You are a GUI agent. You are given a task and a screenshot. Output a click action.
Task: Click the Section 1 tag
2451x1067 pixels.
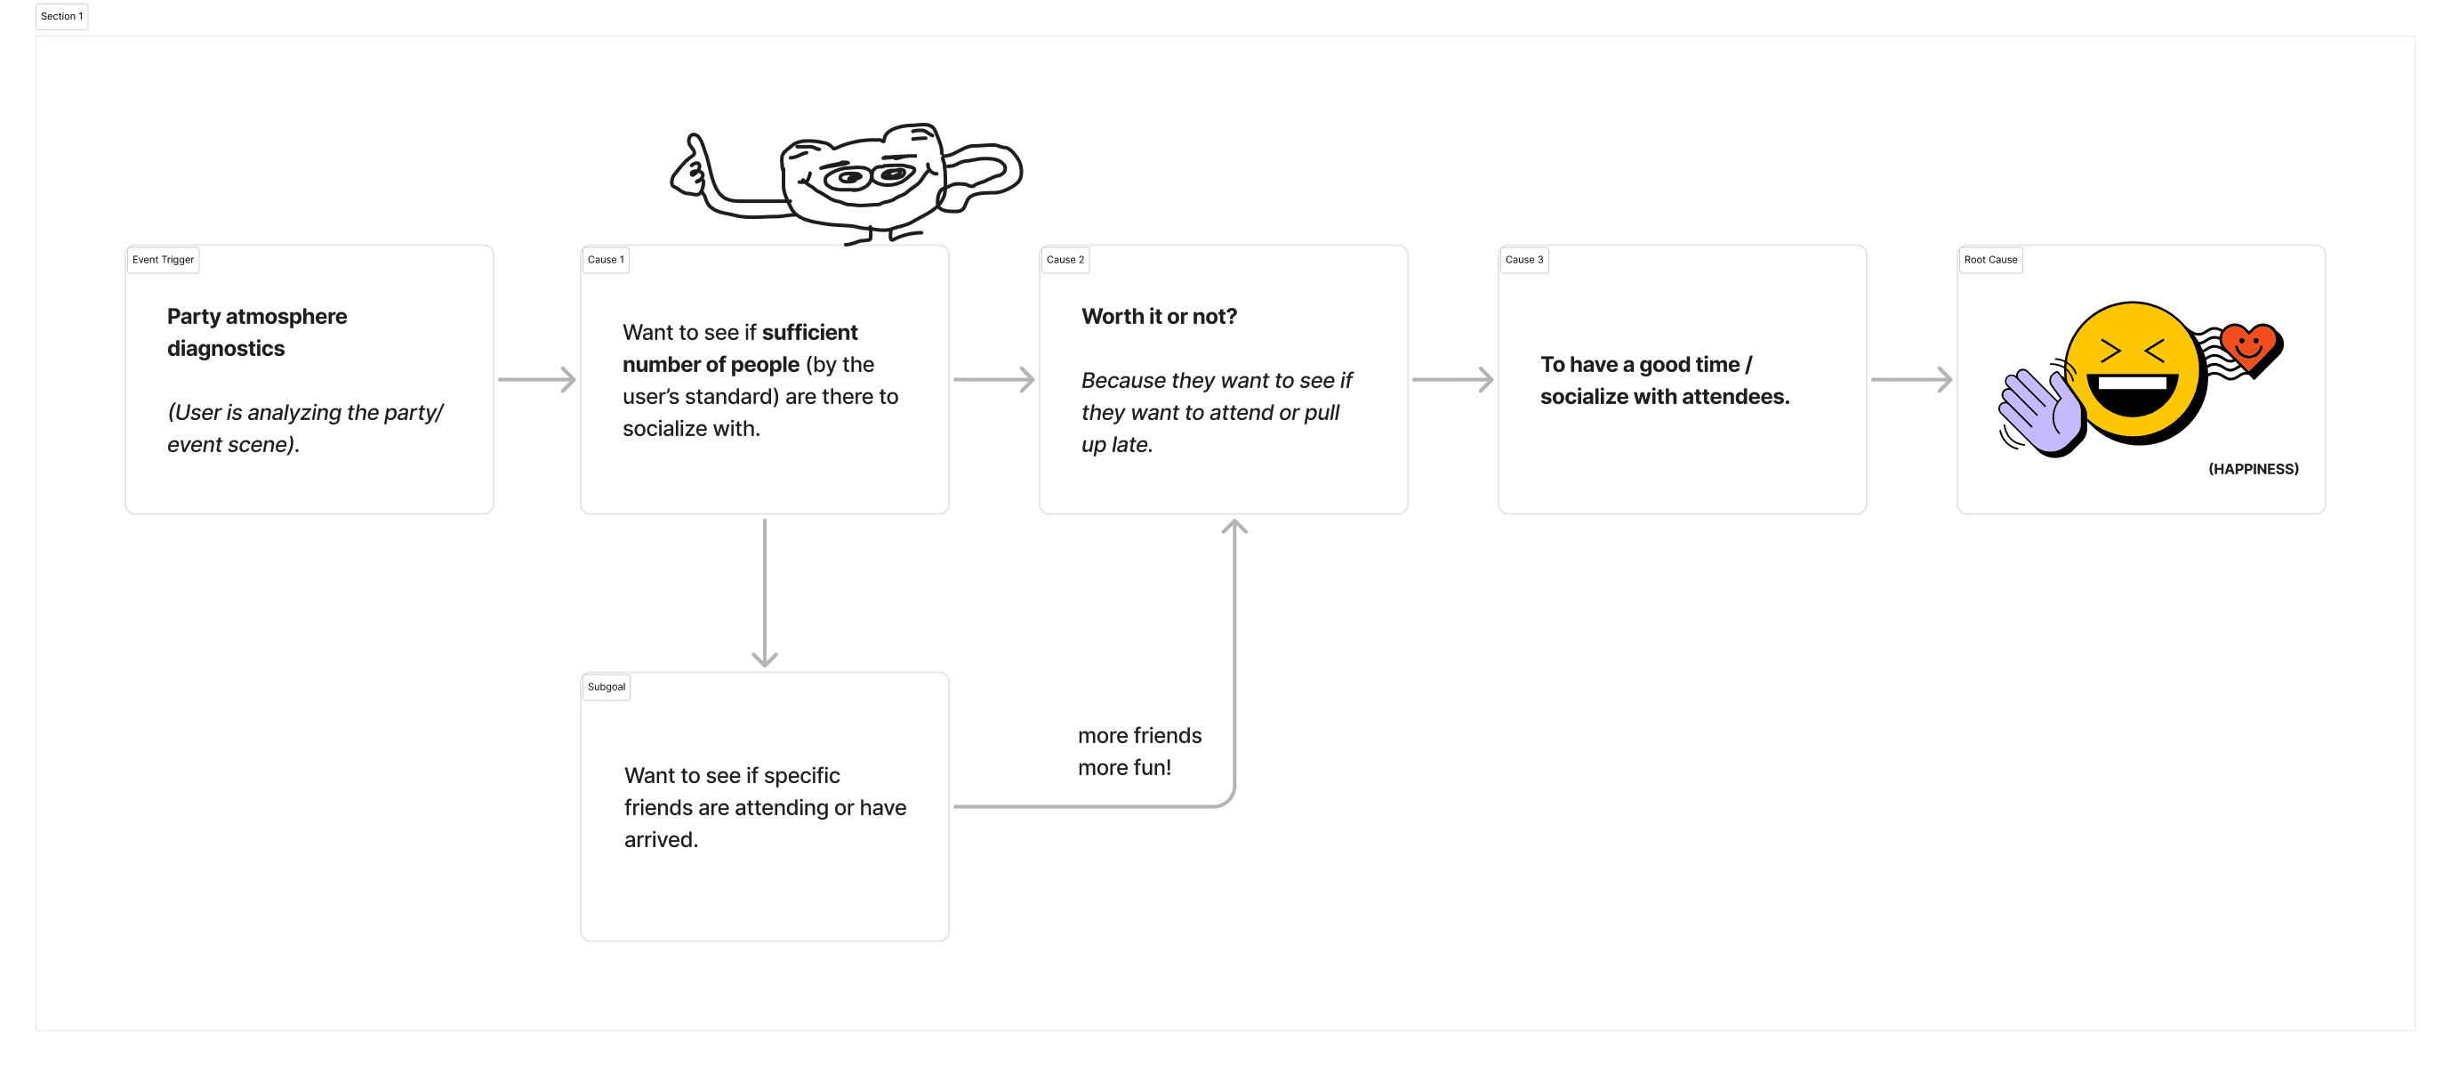click(x=62, y=16)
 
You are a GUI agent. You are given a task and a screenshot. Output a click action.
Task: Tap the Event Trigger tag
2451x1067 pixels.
click(x=163, y=260)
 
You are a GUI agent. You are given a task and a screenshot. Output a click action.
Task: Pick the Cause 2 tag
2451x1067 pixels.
click(x=1065, y=260)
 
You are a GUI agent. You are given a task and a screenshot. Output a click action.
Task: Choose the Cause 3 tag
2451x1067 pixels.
click(x=1523, y=260)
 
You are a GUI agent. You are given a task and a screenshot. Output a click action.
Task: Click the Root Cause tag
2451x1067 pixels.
click(x=1989, y=260)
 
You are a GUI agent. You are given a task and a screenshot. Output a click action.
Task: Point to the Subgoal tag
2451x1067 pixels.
click(x=607, y=687)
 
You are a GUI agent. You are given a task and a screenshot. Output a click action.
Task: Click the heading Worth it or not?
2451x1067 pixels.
click(x=1159, y=316)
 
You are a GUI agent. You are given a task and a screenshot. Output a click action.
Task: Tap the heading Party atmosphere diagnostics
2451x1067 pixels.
click(x=257, y=332)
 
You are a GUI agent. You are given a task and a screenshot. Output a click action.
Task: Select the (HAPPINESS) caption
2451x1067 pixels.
click(x=2253, y=469)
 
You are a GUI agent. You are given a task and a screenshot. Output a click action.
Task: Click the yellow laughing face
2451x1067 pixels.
click(x=2134, y=373)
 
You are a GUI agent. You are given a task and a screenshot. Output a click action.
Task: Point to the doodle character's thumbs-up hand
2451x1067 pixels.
click(x=694, y=166)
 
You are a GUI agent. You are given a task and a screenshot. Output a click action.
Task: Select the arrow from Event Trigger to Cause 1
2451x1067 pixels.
click(x=536, y=380)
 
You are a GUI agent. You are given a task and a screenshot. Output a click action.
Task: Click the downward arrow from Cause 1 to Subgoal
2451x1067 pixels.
click(x=765, y=593)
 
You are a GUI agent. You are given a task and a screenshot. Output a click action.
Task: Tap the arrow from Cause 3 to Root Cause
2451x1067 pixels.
click(x=1911, y=380)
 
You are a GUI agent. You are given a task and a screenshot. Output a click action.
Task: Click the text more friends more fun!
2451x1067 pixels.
click(x=1140, y=752)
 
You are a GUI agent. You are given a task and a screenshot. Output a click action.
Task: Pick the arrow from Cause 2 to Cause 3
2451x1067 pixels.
click(x=1453, y=380)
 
